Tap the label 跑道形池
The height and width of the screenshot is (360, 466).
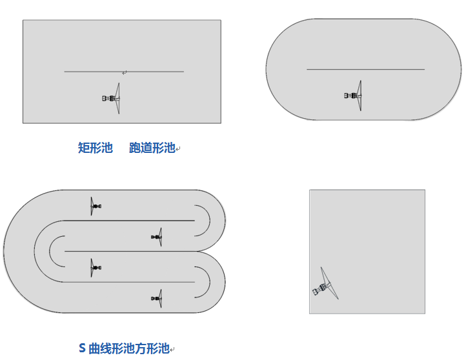point(152,148)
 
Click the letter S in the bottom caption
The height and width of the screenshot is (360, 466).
point(82,348)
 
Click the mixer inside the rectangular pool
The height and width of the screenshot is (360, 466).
point(112,98)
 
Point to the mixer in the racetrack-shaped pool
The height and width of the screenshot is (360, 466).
point(354,95)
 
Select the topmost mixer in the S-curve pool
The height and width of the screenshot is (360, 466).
point(96,206)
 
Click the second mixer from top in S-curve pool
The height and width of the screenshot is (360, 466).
point(157,237)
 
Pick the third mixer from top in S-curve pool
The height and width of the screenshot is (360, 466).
point(96,267)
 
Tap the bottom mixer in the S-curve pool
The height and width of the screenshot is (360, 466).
point(157,298)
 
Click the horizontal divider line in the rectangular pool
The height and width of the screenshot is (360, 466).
point(124,71)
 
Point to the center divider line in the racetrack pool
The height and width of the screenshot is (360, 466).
point(365,69)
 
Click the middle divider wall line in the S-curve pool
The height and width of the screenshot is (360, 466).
point(129,251)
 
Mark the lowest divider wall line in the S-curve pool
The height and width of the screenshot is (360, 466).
point(129,282)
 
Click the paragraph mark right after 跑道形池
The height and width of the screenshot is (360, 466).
point(179,150)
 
